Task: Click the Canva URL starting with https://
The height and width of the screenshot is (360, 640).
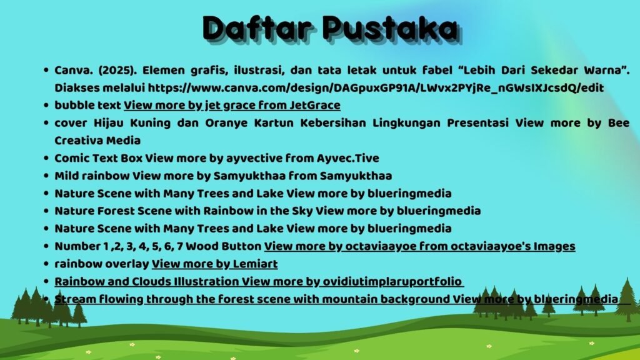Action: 376,87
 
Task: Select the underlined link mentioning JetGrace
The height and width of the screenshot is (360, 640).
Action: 232,105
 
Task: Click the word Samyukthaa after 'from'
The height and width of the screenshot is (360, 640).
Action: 356,176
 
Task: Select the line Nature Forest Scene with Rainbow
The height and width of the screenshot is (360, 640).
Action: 267,211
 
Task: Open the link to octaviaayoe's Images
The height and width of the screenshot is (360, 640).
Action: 419,246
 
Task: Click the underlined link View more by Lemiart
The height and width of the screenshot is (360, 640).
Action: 215,264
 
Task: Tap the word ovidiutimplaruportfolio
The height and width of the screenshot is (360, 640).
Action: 392,282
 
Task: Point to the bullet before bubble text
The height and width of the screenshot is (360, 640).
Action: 46,105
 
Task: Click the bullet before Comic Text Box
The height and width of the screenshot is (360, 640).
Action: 46,158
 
